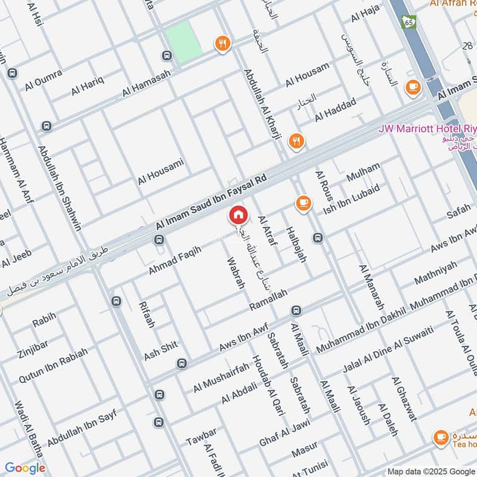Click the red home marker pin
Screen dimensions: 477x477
click(x=238, y=215)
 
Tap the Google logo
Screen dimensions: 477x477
click(x=25, y=468)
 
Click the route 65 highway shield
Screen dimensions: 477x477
click(x=408, y=21)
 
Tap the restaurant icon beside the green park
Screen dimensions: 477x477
click(x=222, y=42)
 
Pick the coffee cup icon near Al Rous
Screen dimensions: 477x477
click(x=303, y=203)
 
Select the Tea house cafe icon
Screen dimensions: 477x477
click(x=441, y=437)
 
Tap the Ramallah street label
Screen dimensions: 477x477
click(x=268, y=300)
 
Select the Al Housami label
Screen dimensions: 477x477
click(x=160, y=172)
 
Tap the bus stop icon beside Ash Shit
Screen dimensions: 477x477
click(x=181, y=363)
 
